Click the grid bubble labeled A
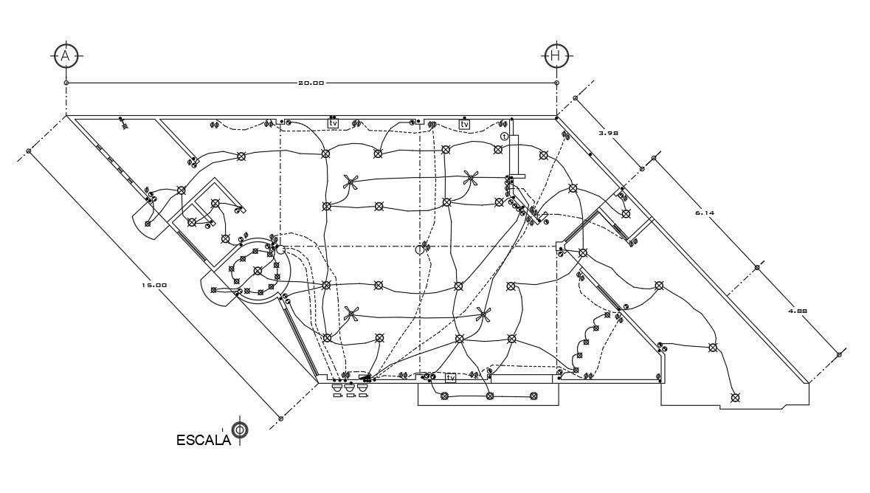point(66,55)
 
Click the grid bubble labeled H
point(556,55)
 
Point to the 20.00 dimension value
point(311,83)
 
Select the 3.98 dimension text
point(607,134)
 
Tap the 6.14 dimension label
point(705,213)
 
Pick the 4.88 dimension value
point(798,311)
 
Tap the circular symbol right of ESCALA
point(239,430)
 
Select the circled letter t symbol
point(505,137)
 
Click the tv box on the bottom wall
point(450,378)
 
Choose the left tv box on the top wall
point(333,123)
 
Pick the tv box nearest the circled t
point(465,125)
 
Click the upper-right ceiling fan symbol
point(471,177)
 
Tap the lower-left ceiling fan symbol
point(352,315)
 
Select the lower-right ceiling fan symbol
point(483,314)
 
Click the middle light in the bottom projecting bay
point(489,396)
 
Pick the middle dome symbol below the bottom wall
point(350,387)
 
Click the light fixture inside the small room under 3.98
point(626,214)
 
